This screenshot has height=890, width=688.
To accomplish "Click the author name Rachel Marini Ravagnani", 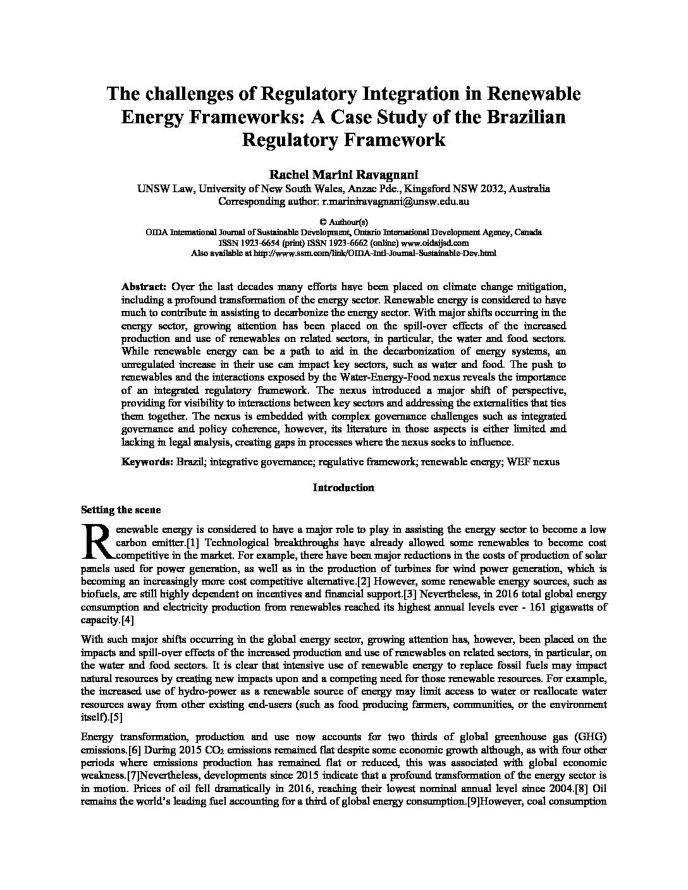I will pos(343,174).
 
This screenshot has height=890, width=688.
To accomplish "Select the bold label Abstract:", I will pos(144,286).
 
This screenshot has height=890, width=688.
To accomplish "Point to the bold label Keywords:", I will pos(147,462).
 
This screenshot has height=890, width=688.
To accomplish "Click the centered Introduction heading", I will pos(343,487).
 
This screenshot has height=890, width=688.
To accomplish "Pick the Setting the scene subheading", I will pos(121,510).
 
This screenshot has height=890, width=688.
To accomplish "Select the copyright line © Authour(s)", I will pos(343,222).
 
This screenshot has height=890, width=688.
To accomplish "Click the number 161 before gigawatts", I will pos(510,607).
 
